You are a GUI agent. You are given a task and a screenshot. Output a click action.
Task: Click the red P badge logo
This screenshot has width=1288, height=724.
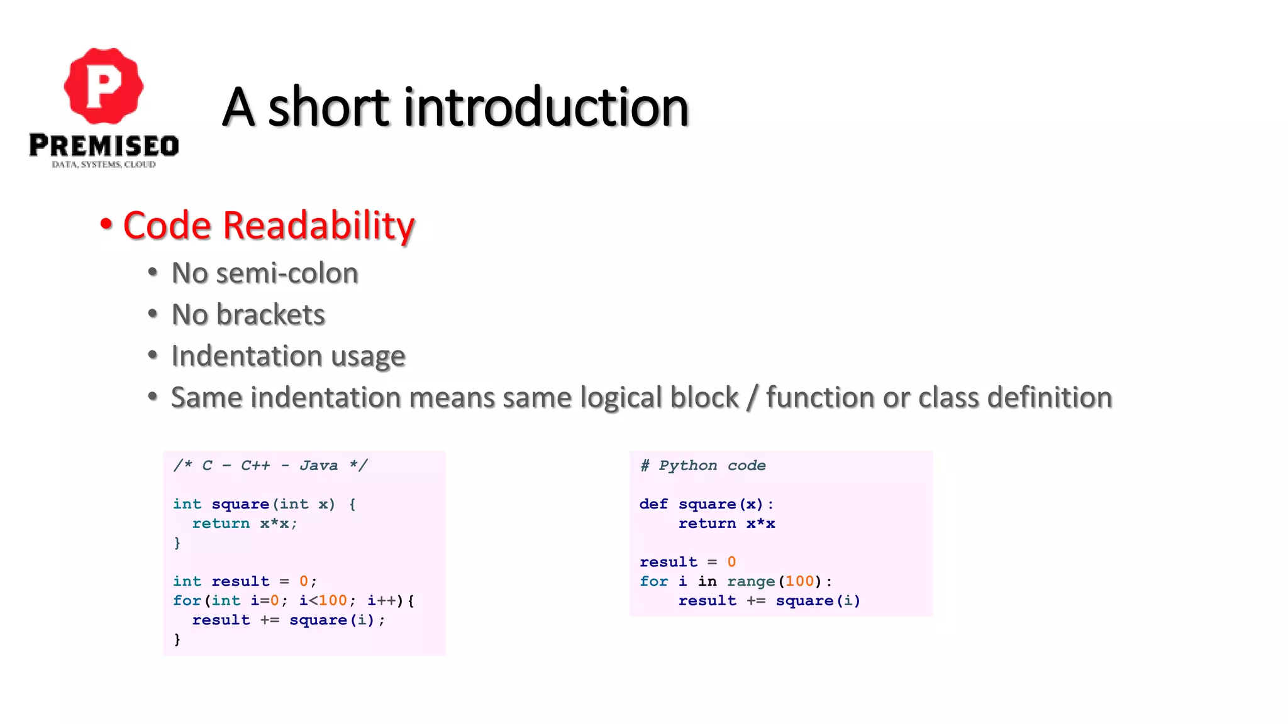tap(104, 86)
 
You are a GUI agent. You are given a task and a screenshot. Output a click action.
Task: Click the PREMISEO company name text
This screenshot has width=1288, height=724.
tap(104, 146)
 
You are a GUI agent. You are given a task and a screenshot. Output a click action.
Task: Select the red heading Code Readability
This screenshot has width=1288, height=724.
tap(269, 225)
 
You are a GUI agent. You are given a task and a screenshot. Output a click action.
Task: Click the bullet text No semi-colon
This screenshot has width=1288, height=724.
tap(265, 273)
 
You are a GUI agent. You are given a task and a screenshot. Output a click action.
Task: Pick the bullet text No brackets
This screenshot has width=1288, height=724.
tap(248, 315)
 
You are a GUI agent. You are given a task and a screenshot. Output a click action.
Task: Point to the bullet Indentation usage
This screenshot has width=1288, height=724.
tap(288, 356)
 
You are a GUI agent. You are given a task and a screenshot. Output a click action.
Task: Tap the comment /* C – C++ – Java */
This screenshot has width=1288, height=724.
tap(270, 466)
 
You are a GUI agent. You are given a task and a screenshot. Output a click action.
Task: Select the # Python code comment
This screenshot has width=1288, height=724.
tap(702, 466)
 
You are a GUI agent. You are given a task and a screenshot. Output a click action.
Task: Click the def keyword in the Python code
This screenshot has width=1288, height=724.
tap(653, 504)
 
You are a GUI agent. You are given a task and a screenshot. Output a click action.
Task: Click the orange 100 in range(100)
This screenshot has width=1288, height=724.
tap(799, 581)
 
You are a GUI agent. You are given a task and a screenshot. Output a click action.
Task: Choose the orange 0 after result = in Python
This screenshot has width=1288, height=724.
tap(731, 562)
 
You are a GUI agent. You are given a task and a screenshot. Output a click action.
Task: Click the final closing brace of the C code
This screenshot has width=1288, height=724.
tap(177, 639)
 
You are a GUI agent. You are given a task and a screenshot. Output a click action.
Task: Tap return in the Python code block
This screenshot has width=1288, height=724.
tap(707, 524)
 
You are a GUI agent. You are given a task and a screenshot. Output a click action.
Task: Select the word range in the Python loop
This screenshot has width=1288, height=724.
tap(751, 581)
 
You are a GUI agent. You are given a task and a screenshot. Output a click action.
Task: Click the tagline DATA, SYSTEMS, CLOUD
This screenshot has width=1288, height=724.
tap(104, 165)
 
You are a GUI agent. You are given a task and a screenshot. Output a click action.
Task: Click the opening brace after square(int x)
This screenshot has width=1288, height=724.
tap(352, 504)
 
